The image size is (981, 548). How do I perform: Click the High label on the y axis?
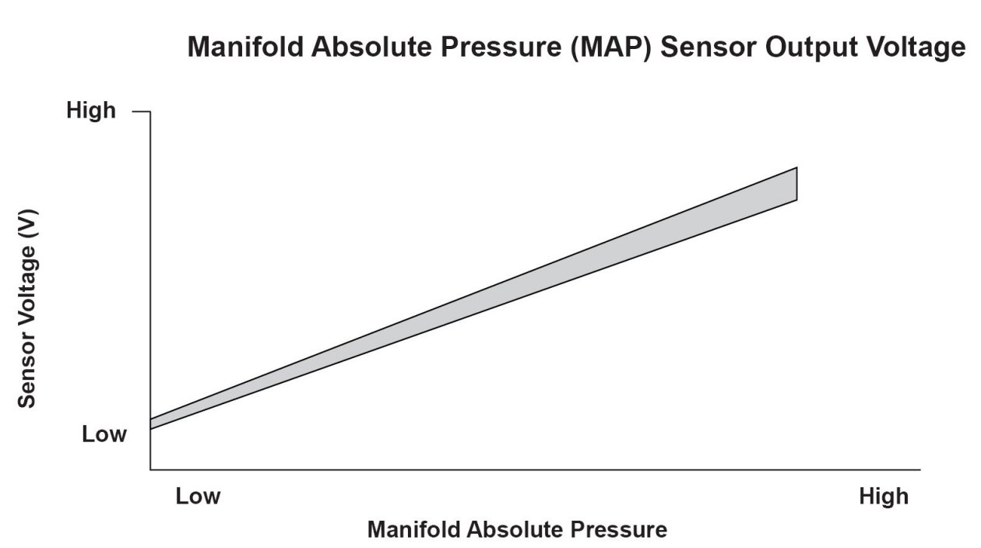pos(91,111)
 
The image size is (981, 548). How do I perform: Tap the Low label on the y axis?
pos(104,434)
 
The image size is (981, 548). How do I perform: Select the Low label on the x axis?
pos(198,496)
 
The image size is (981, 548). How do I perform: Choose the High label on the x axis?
pos(884,496)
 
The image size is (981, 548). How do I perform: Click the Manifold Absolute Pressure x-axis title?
pos(517,530)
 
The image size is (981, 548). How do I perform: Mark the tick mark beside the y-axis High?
pos(141,112)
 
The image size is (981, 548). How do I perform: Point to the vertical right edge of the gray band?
pos(796,184)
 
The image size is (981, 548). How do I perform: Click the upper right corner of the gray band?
pos(796,167)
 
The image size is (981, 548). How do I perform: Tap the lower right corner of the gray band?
pos(796,200)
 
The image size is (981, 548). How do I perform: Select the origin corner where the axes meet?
pos(150,469)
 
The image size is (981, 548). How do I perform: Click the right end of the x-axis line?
pos(919,469)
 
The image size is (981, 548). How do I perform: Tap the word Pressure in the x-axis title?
pos(620,530)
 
